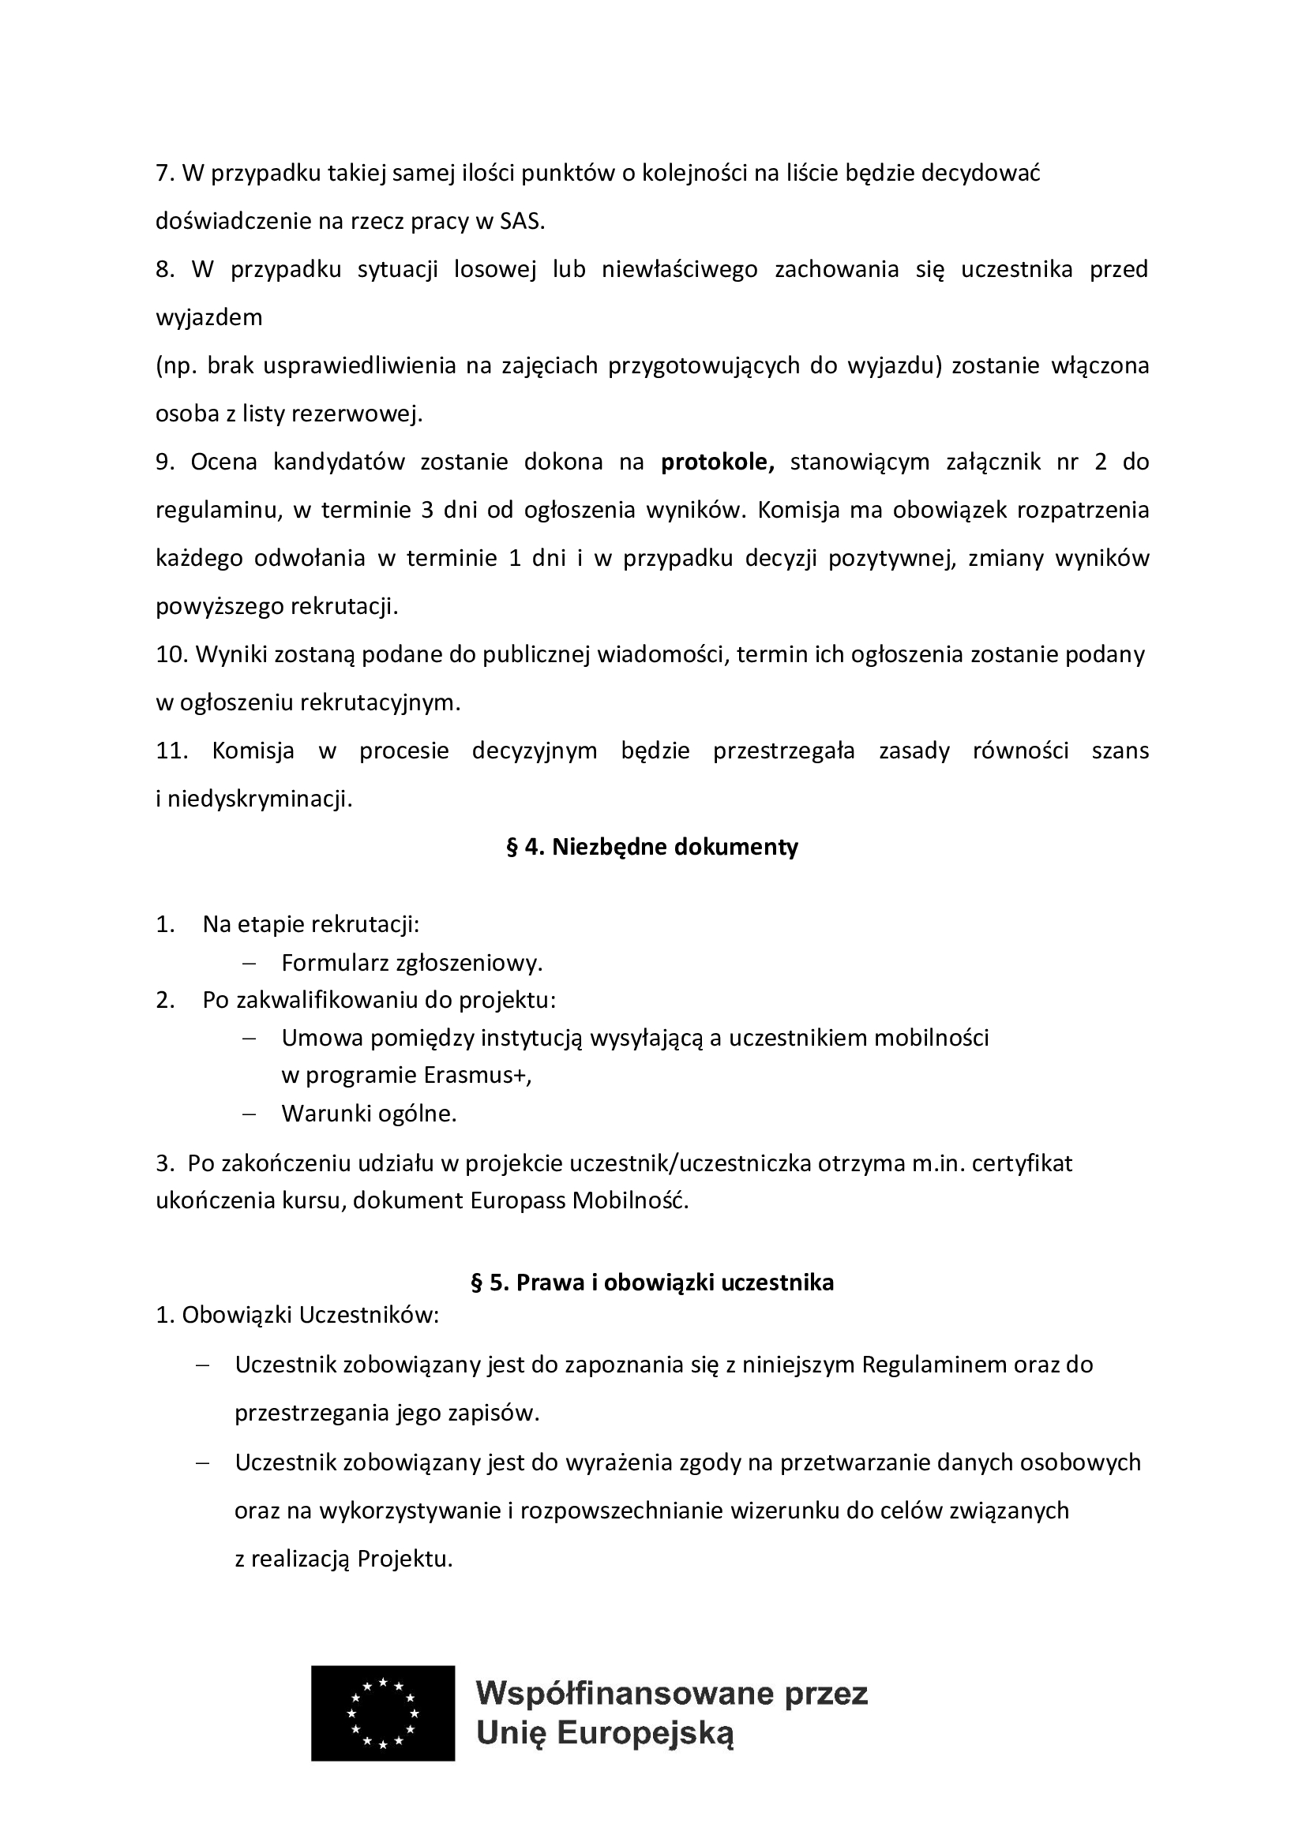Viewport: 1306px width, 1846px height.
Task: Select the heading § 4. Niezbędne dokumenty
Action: [x=651, y=847]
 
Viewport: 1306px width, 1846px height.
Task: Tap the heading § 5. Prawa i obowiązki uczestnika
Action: [x=651, y=1282]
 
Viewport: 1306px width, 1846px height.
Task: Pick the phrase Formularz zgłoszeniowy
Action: [x=411, y=963]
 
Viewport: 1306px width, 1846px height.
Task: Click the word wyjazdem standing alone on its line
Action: [x=209, y=317]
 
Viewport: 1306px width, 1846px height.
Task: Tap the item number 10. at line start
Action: [x=171, y=654]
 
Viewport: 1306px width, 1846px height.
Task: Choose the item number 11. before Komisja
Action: [x=171, y=751]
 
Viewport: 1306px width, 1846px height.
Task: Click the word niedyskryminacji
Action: [x=260, y=800]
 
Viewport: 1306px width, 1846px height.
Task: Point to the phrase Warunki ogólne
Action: [x=368, y=1114]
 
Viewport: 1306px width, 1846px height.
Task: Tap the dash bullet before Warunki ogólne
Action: [x=250, y=1114]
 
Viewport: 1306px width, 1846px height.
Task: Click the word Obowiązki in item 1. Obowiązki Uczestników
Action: [x=237, y=1316]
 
